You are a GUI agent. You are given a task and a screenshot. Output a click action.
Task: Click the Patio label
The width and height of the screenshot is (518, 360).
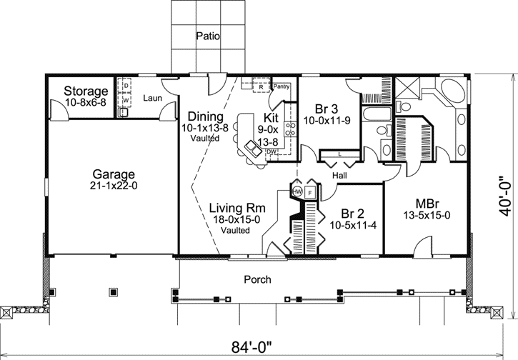207,35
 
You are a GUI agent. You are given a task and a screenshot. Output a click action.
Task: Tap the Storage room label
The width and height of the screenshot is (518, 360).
86,91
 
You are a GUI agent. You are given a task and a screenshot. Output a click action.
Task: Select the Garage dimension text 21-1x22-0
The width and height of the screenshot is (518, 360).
114,185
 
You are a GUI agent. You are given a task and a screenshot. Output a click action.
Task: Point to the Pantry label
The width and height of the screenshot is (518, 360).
282,85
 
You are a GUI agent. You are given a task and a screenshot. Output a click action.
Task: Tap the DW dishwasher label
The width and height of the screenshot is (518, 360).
272,151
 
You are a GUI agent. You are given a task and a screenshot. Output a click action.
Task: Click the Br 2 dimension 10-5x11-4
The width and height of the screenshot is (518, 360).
354,225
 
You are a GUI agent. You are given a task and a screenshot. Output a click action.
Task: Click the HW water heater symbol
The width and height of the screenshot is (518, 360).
297,191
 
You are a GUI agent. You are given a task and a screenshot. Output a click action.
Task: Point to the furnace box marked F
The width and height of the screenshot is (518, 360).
310,191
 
